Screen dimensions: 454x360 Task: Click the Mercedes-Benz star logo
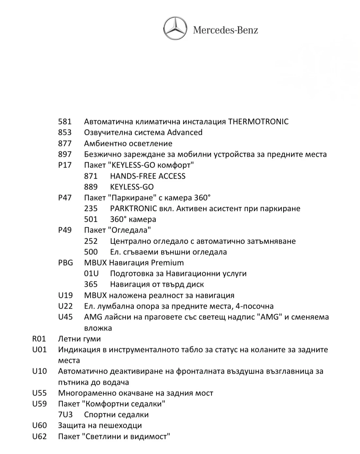(x=175, y=29)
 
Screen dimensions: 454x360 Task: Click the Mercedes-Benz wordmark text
(x=226, y=30)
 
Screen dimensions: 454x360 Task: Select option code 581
(x=65, y=122)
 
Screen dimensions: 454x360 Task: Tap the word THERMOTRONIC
(x=258, y=122)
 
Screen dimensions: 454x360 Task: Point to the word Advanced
(x=185, y=133)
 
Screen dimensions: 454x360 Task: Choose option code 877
(x=65, y=143)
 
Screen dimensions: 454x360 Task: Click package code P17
(x=65, y=165)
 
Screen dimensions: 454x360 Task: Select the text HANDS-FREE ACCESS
(x=148, y=176)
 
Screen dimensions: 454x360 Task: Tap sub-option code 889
(x=91, y=187)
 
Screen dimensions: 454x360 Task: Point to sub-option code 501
(x=91, y=219)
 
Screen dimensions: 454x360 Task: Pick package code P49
(x=65, y=230)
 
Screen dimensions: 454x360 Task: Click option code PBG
(x=65, y=263)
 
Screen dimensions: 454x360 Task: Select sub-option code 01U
(x=91, y=274)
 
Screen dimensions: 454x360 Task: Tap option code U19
(x=65, y=296)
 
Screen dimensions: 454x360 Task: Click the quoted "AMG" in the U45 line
(x=270, y=317)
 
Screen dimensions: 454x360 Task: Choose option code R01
(x=39, y=339)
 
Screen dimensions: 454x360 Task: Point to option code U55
(x=39, y=393)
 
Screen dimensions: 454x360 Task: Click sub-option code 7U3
(x=65, y=415)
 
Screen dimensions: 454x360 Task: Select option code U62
(x=39, y=436)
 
